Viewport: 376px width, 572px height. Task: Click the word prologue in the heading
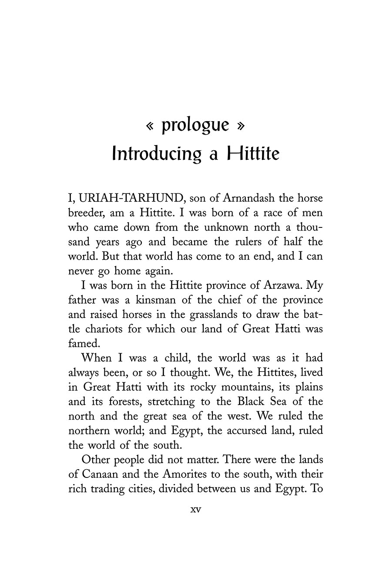coord(195,125)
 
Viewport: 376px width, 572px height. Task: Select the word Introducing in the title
coord(157,154)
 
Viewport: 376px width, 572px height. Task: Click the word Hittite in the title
coord(253,154)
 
